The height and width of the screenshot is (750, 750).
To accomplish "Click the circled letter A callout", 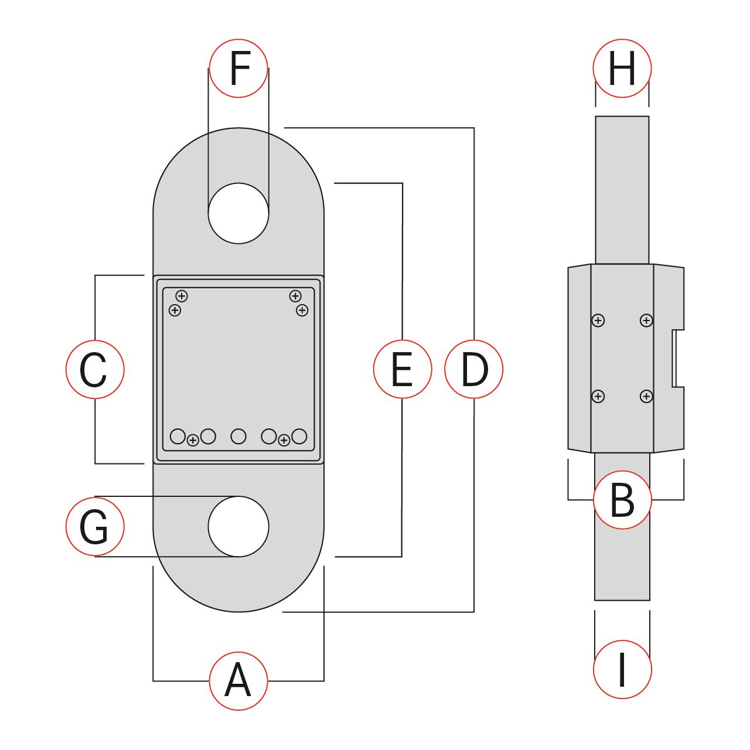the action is [238, 681].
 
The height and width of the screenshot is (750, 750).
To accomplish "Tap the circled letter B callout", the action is [622, 500].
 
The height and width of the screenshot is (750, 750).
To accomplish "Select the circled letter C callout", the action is [95, 369].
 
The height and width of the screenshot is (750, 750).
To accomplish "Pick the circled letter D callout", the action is [473, 369].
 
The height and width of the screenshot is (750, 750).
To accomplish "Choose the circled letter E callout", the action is [403, 369].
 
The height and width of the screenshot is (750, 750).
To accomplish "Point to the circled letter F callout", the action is [238, 68].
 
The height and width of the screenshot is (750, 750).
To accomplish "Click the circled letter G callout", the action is [95, 526].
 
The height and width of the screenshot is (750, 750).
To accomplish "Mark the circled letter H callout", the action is [622, 68].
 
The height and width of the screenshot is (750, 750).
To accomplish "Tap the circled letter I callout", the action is [622, 670].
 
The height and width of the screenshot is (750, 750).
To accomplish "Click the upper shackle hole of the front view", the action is [238, 213].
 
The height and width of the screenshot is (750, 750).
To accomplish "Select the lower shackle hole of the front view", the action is [238, 526].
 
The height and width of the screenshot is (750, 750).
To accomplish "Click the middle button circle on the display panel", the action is [238, 437].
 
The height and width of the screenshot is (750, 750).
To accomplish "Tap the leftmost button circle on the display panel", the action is [178, 437].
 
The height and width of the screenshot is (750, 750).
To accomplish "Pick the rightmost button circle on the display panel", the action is [299, 437].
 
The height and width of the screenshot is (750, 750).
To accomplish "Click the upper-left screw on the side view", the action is [598, 321].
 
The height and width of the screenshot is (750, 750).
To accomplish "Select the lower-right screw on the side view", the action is [646, 397].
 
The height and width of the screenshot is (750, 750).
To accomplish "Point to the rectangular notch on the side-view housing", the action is [677, 359].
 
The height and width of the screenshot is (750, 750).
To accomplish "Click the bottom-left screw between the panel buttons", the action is [193, 440].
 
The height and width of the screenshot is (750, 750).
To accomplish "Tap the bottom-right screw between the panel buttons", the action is [284, 440].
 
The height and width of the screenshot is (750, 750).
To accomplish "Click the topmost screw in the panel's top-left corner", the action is [182, 296].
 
